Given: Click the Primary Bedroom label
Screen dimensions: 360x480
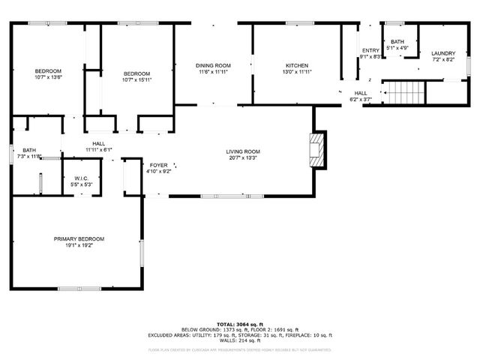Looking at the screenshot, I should (x=79, y=238).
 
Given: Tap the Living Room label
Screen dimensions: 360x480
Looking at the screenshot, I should (x=243, y=152).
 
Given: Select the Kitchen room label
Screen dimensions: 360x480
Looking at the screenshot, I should (x=298, y=65).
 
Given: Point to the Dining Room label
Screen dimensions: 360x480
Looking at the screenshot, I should (x=214, y=65).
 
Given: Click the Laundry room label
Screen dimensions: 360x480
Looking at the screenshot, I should (x=442, y=53).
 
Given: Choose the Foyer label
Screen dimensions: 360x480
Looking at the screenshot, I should (x=158, y=165).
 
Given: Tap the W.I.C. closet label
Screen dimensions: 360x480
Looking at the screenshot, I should (x=81, y=178).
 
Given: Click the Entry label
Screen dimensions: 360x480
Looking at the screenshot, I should (x=370, y=50).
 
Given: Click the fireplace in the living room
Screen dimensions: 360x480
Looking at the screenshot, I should (x=318, y=150).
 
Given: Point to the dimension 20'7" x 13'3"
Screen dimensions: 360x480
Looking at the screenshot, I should (x=243, y=159).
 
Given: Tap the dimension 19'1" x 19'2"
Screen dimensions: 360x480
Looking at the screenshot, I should (x=79, y=246).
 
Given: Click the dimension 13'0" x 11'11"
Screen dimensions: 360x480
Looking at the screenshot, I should (x=298, y=73).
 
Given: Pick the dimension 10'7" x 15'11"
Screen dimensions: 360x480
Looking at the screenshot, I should (x=137, y=79).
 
